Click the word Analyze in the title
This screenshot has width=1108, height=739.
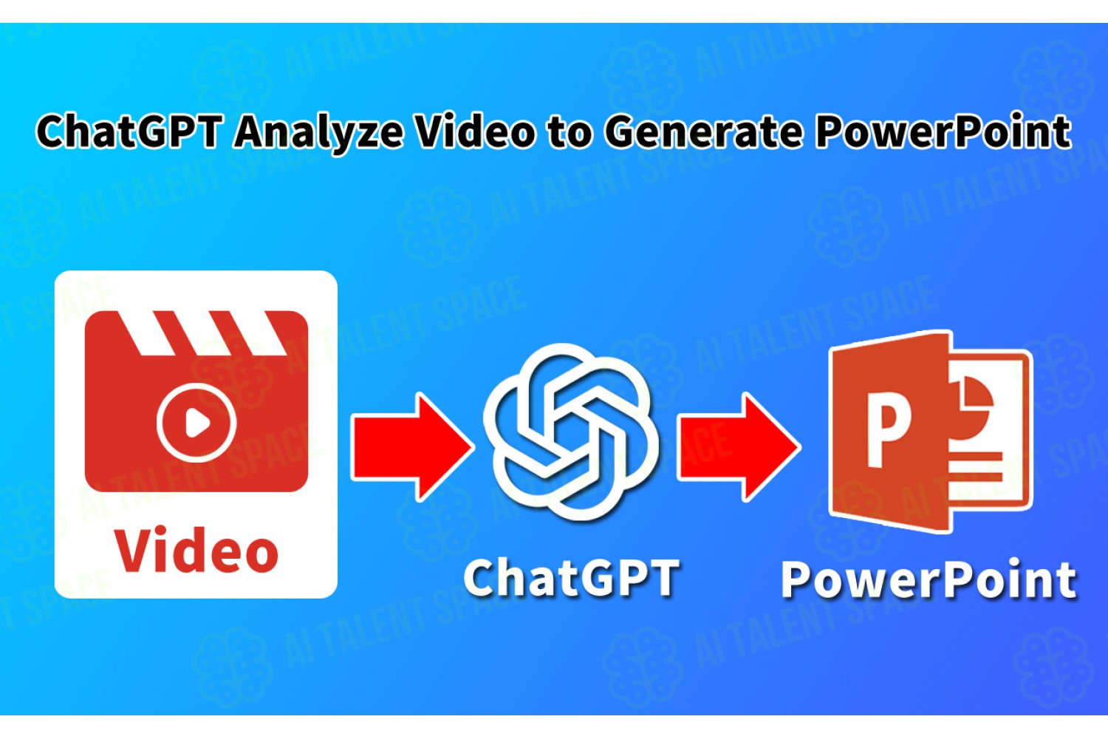(x=318, y=132)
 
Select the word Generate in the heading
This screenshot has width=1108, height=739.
(x=703, y=132)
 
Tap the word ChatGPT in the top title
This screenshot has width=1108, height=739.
(x=127, y=131)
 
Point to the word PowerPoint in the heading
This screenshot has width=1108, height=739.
(x=943, y=131)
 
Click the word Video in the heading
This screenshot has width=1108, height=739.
(x=475, y=131)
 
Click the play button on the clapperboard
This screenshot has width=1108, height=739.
(x=196, y=422)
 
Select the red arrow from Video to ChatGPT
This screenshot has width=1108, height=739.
(x=412, y=447)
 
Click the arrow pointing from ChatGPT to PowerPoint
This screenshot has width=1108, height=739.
(x=738, y=447)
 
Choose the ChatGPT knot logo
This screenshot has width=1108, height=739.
(x=571, y=432)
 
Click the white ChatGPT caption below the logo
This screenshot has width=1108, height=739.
(x=571, y=578)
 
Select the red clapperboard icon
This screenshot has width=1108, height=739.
(x=196, y=401)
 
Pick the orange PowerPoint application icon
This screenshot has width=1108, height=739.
(x=931, y=431)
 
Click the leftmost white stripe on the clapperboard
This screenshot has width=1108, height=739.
(x=148, y=333)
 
